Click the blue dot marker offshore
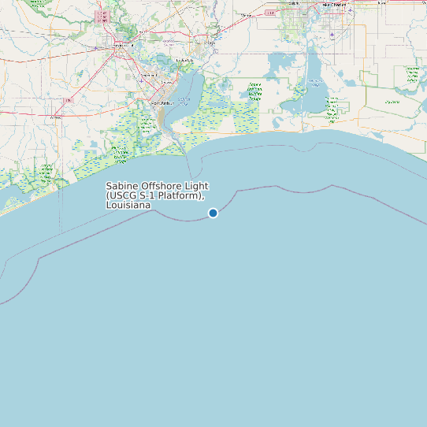pyautogui.click(x=213, y=213)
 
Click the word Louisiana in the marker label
pyautogui.click(x=128, y=205)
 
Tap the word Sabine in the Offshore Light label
pyautogui.click(x=123, y=186)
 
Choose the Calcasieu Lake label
pyautogui.click(x=315, y=82)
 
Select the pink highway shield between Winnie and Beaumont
pyautogui.click(x=69, y=101)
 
